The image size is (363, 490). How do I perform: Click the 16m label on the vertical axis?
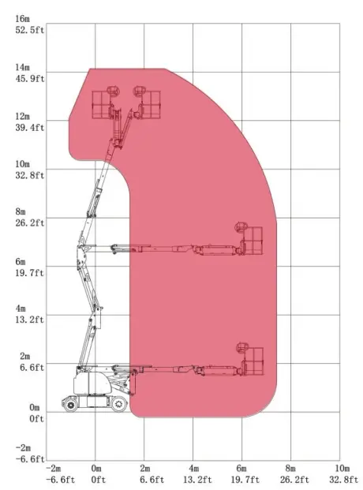pyautogui.click(x=23, y=19)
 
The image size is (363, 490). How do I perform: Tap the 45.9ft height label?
pyautogui.click(x=30, y=79)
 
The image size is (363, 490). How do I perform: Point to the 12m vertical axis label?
pyautogui.click(x=23, y=116)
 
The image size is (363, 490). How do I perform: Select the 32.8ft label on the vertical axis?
pyautogui.click(x=30, y=175)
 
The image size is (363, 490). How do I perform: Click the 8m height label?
pyautogui.click(x=21, y=211)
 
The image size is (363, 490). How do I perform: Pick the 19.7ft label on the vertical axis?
pyautogui.click(x=30, y=273)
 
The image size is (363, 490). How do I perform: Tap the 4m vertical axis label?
pyautogui.click(x=21, y=309)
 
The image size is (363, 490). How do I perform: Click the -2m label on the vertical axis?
pyautogui.click(x=24, y=448)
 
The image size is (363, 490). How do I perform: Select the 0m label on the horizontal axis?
pyautogui.click(x=96, y=468)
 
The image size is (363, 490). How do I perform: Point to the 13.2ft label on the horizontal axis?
pyautogui.click(x=197, y=480)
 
